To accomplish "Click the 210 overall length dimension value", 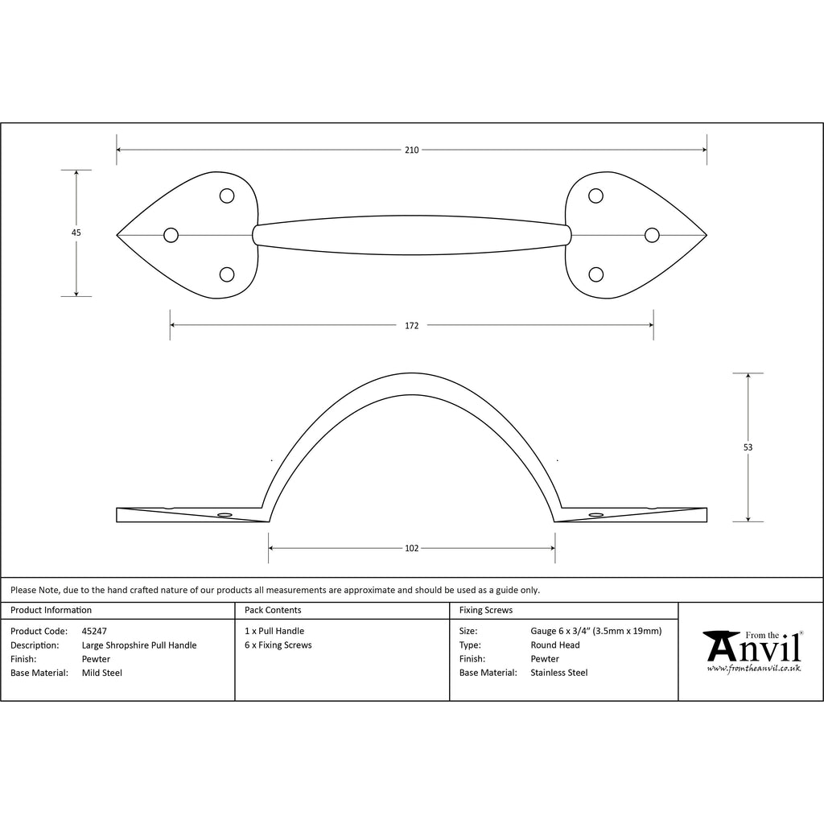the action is tap(411, 150).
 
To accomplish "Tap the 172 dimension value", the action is tap(411, 325).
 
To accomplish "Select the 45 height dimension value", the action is tap(76, 233).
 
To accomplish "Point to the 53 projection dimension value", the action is tap(748, 447).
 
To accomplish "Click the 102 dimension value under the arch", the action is tap(411, 548).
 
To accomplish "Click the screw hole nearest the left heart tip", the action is tap(171, 235).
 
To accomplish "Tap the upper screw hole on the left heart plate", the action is tap(226, 196).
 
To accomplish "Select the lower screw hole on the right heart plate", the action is tap(595, 274).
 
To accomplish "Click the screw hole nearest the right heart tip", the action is tap(652, 235).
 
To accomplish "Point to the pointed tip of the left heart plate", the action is tap(117, 235).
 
